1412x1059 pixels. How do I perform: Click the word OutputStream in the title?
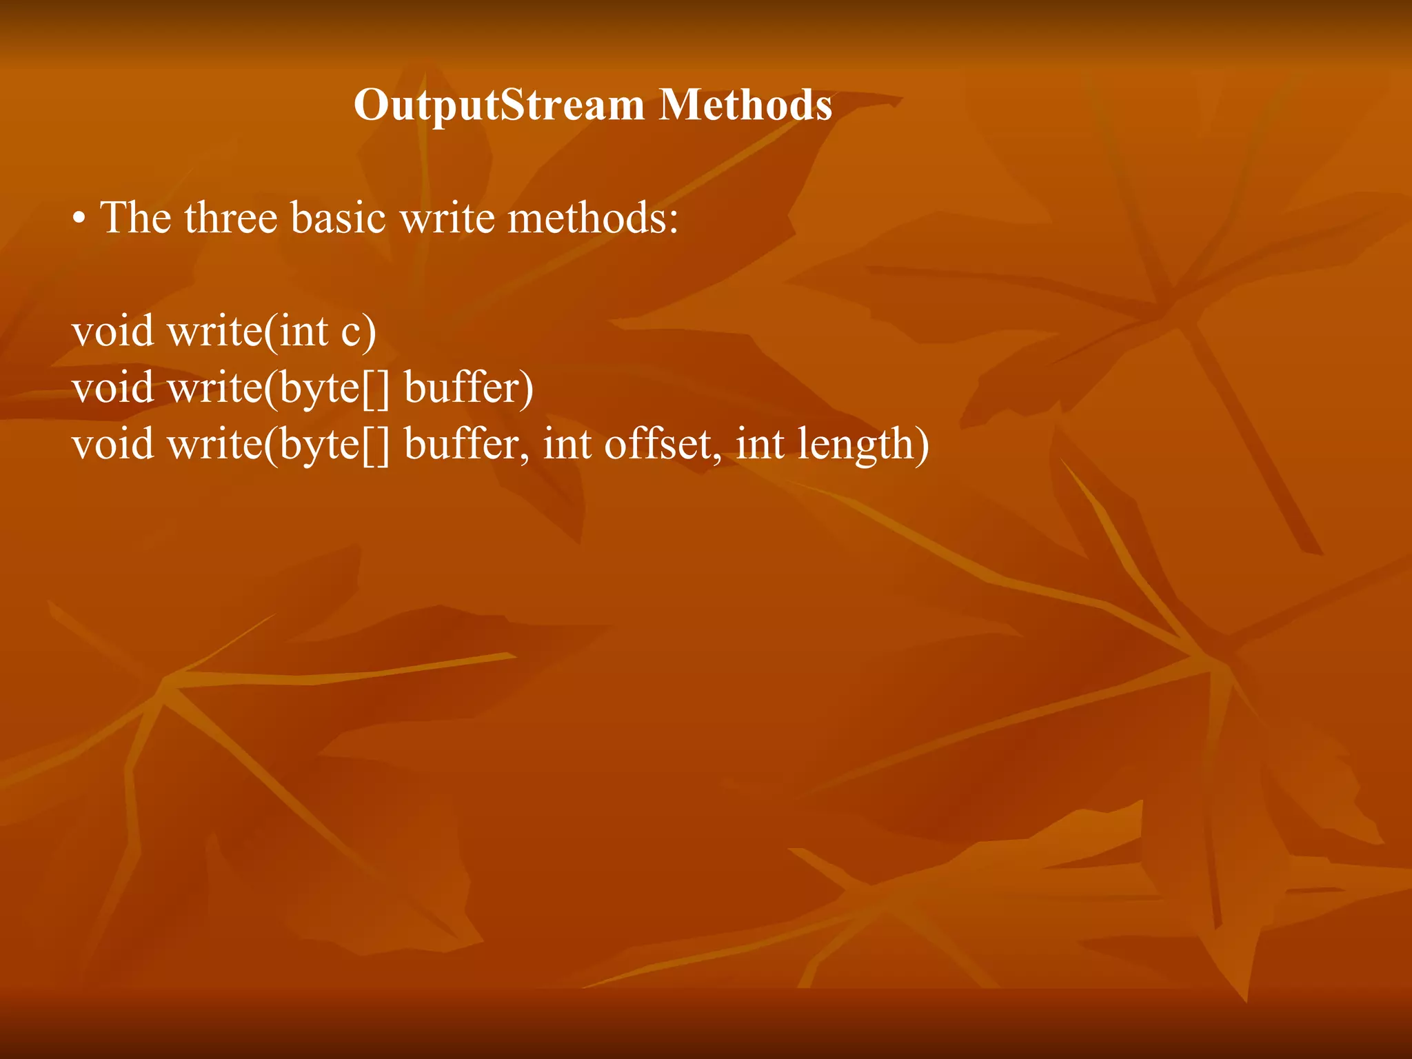tap(499, 105)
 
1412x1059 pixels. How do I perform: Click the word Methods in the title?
tap(745, 105)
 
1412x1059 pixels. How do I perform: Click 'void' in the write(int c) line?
tap(113, 332)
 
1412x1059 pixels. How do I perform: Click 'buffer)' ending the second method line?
tap(469, 388)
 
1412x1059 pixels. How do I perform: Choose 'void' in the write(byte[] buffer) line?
tap(113, 388)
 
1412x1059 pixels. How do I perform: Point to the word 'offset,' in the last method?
tap(663, 444)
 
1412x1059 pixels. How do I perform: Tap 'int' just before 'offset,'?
tap(567, 444)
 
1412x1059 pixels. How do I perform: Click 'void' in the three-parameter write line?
tap(113, 444)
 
